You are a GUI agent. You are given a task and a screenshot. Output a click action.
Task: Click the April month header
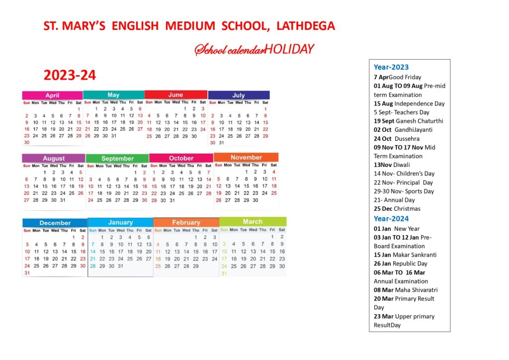coord(52,95)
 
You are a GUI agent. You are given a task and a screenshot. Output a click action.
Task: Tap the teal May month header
coord(113,95)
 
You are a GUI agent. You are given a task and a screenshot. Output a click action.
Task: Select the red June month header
coord(175,94)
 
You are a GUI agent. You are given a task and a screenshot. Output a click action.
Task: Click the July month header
coord(239,95)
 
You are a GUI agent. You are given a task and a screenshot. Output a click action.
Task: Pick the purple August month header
coord(54,158)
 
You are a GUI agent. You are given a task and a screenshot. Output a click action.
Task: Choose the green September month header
coord(117,158)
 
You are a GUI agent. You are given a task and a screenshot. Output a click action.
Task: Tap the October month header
coord(181,158)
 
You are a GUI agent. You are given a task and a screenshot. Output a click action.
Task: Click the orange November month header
coord(246,157)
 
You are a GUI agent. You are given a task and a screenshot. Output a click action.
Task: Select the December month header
coord(55,223)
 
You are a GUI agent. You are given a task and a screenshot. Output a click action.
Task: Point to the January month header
coord(120,222)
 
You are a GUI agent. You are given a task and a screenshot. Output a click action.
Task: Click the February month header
coord(186,222)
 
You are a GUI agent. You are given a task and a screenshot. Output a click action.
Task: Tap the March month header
coord(253,221)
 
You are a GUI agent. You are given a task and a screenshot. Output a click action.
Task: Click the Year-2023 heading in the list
coord(391,67)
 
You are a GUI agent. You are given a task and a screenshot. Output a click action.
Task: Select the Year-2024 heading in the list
coord(391,219)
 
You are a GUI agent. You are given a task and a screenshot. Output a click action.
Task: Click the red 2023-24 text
coord(70,75)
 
